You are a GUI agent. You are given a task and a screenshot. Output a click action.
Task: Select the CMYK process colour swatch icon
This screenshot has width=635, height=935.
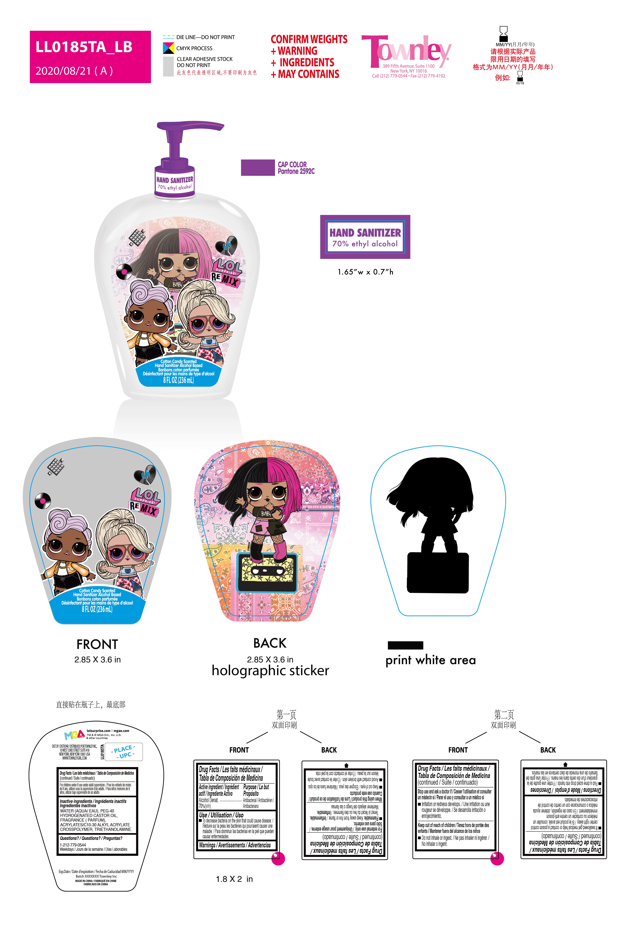point(168,48)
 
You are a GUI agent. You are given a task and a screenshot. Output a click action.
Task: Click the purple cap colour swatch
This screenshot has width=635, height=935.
point(257,167)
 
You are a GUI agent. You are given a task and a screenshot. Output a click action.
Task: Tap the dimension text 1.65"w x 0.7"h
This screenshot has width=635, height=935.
point(365,272)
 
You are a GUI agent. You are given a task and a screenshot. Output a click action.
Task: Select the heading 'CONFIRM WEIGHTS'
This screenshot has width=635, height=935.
point(309,39)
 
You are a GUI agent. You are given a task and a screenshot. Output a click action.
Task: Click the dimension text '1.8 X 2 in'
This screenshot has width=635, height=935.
point(234,879)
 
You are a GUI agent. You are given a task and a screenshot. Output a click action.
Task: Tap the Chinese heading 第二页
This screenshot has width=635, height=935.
point(504,714)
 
